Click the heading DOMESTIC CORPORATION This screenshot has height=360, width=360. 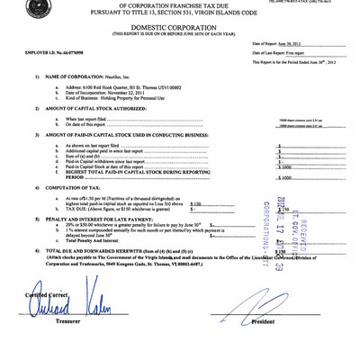pyautogui.click(x=182, y=28)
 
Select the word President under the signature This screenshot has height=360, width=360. pyautogui.click(x=263, y=321)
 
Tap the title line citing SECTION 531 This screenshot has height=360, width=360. pyautogui.click(x=180, y=13)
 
